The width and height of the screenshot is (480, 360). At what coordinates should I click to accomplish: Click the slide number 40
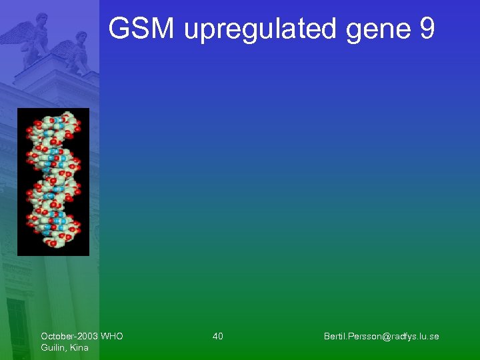(218, 336)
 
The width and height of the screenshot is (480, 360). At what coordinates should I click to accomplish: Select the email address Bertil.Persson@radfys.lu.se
(381, 336)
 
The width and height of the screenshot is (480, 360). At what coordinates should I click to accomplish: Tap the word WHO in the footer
(111, 336)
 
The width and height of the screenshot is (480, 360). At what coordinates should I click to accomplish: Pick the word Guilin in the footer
(52, 347)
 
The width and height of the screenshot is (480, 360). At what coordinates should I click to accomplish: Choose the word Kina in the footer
(78, 347)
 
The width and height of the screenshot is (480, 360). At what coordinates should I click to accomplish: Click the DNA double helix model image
(53, 181)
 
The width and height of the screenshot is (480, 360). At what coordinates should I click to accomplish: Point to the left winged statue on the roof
(33, 40)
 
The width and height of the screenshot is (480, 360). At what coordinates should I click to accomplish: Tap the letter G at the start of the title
(121, 29)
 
